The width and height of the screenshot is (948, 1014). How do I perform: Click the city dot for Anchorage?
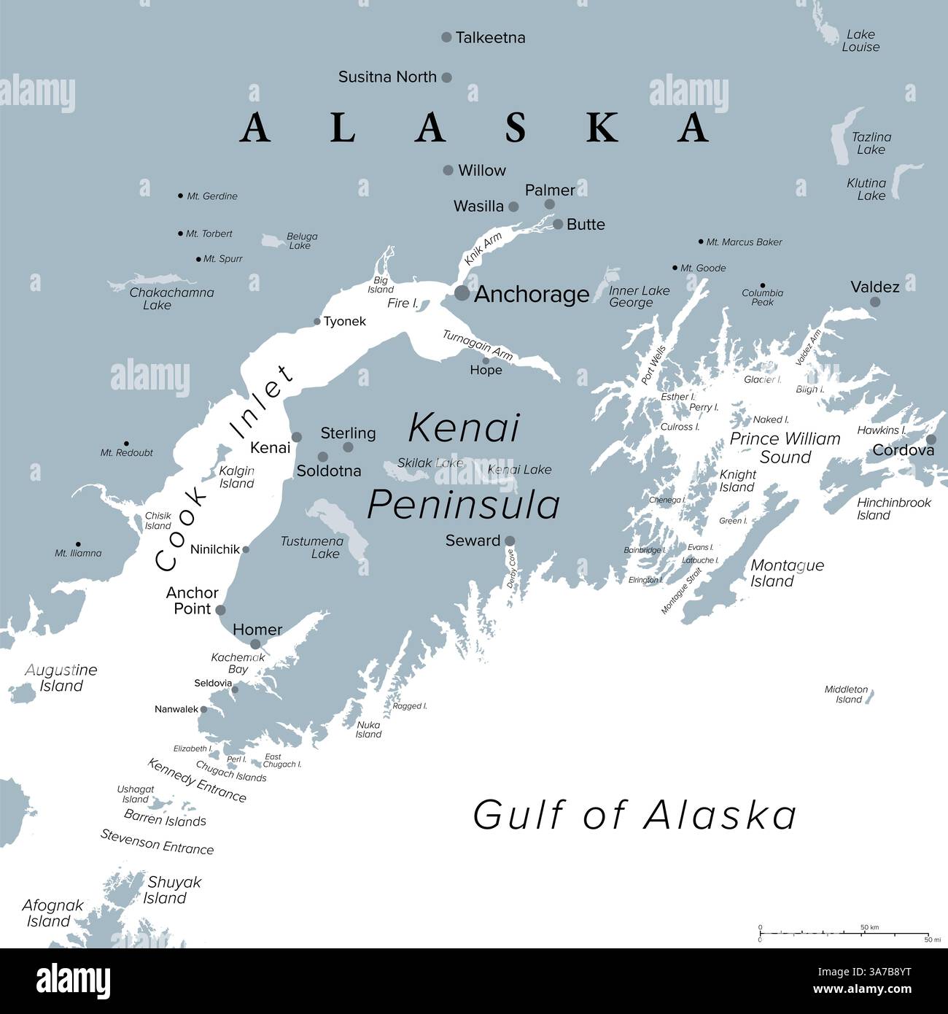click(x=462, y=293)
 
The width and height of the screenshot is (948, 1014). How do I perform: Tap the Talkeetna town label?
click(x=490, y=37)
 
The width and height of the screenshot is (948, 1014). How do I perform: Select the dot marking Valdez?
click(x=875, y=302)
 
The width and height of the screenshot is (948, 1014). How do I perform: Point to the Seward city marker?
click(x=510, y=541)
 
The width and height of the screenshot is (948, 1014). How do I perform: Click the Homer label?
click(x=257, y=630)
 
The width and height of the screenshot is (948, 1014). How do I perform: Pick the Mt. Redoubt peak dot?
click(x=126, y=444)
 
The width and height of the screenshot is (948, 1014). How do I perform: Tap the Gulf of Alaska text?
click(x=634, y=815)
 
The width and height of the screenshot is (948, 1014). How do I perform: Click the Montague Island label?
click(x=788, y=573)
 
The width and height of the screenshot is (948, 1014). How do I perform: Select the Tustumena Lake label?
click(x=312, y=547)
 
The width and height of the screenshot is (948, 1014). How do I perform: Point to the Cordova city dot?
click(x=931, y=440)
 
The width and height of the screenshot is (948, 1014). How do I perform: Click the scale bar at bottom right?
click(x=844, y=933)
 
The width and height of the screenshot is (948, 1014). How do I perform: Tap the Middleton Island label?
click(x=847, y=694)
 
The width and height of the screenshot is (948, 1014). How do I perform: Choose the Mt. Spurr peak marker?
click(x=198, y=259)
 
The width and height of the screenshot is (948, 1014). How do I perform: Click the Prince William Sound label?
click(x=785, y=448)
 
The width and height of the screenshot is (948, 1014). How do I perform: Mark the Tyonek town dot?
click(x=317, y=322)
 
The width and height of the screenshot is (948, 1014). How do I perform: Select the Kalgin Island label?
click(x=237, y=477)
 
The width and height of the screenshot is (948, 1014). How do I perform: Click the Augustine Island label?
click(x=61, y=678)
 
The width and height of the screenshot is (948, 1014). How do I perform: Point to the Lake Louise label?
click(x=860, y=41)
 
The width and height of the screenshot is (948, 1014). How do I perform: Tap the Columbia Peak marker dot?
click(x=763, y=286)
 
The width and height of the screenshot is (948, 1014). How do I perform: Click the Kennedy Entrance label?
click(x=197, y=780)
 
